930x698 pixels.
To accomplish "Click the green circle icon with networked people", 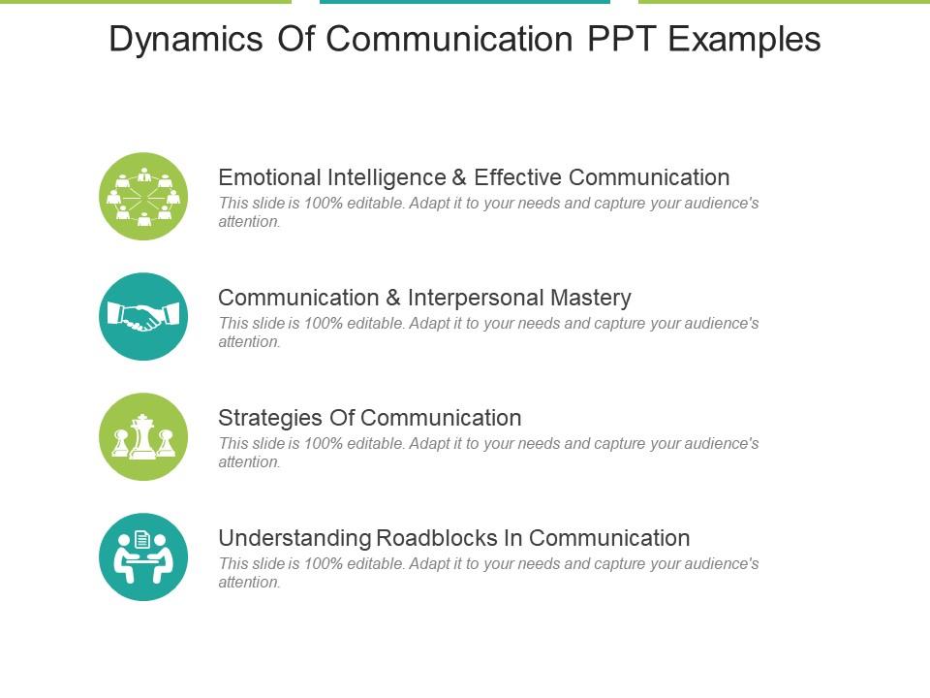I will (143, 197).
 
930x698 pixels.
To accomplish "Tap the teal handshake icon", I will (143, 316).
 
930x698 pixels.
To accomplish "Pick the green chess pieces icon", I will (143, 436).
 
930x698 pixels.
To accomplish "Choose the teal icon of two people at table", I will (143, 556).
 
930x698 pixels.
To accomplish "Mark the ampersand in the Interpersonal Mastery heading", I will (393, 298).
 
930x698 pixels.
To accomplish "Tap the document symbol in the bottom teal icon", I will (143, 539).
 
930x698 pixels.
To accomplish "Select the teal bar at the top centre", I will (465, 2).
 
